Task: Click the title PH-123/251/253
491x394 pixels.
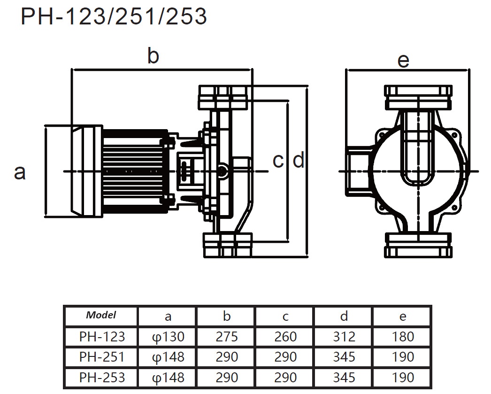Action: coord(114,17)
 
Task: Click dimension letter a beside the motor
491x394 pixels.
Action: coord(20,172)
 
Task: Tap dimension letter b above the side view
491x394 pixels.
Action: coord(153,56)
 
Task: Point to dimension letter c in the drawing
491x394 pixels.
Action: coord(278,161)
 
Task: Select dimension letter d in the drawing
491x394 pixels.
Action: coord(299,161)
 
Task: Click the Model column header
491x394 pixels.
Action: coord(101,315)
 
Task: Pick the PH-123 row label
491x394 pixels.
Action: coord(101,336)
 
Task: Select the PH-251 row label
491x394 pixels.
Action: coord(101,357)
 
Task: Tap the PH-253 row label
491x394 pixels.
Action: coord(101,377)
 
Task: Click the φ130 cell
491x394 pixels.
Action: coord(168,336)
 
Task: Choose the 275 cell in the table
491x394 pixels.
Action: coord(227,336)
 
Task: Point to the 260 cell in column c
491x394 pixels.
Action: coord(285,336)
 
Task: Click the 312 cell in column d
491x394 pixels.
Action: coord(344,336)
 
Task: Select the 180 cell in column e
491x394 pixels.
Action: coord(403,336)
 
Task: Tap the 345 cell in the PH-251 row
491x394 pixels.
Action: coord(344,357)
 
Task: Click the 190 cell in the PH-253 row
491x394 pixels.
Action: coord(403,377)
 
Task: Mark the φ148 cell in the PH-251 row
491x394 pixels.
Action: coord(168,357)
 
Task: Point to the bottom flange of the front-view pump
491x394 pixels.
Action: coord(418,245)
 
